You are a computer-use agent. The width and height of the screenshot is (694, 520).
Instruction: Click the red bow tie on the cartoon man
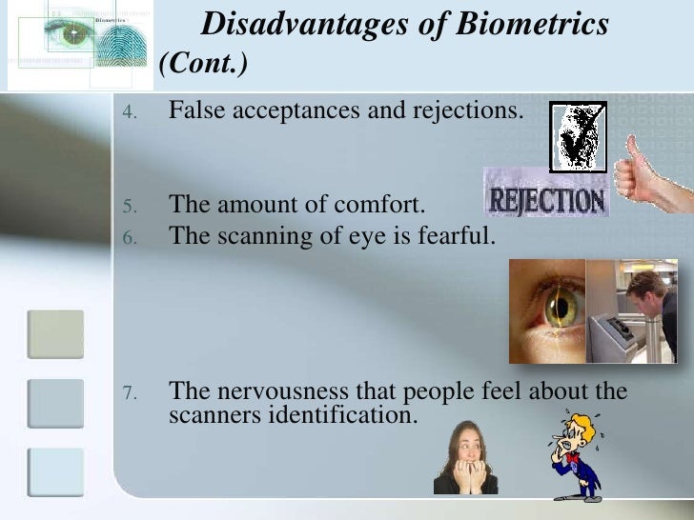[572, 457]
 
